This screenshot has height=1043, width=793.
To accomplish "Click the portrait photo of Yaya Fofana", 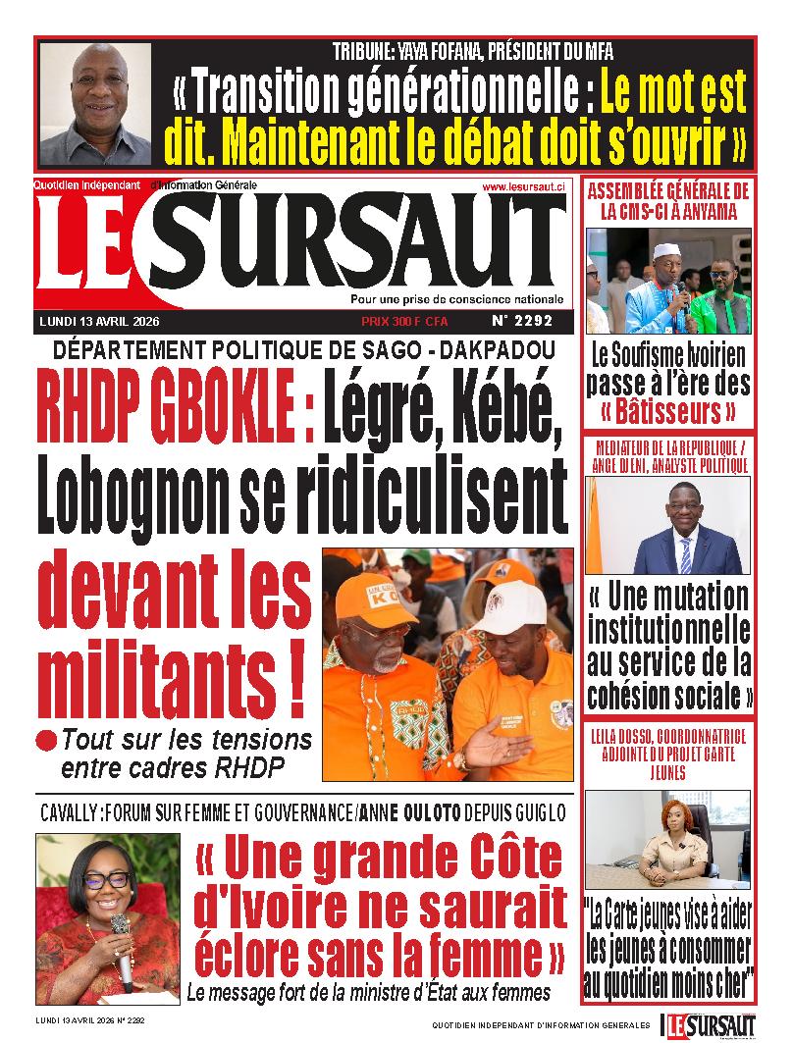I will pos(95,103).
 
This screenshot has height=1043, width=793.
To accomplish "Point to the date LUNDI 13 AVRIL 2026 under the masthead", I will pos(99,321).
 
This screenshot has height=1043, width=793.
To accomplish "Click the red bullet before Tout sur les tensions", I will pos(46,738).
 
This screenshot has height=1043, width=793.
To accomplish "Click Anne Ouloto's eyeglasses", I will pos(106,879).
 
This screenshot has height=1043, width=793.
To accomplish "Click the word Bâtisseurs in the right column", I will pos(667,409).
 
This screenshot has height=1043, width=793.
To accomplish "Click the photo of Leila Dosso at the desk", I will pos(677,839).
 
